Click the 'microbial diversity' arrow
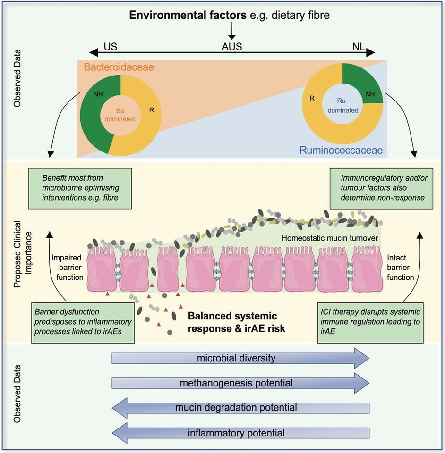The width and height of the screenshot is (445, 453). click(x=240, y=358)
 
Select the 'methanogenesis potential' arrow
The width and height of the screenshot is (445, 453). click(x=240, y=383)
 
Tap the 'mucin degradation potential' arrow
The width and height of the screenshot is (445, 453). click(x=240, y=407)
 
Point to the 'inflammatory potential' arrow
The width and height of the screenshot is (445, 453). click(x=240, y=432)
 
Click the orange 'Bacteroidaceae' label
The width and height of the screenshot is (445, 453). click(x=116, y=68)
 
